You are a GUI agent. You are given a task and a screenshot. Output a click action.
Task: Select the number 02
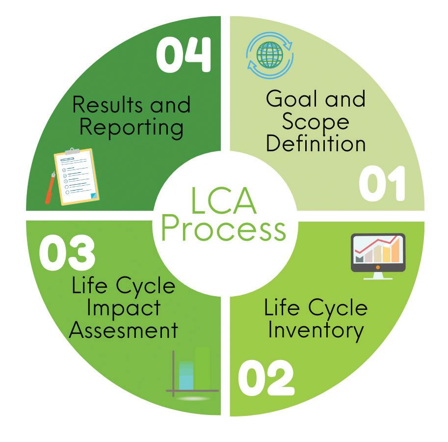click(266, 379)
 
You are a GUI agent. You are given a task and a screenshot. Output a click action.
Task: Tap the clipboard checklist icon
click(78, 175)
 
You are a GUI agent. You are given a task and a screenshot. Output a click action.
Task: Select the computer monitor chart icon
click(378, 254)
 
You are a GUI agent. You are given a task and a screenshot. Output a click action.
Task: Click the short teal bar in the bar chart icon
click(186, 375)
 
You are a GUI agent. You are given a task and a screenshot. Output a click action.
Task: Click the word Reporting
click(131, 128)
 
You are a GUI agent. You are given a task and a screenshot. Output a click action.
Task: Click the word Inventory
click(316, 331)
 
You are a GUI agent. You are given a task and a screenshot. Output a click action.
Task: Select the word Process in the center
click(224, 230)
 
